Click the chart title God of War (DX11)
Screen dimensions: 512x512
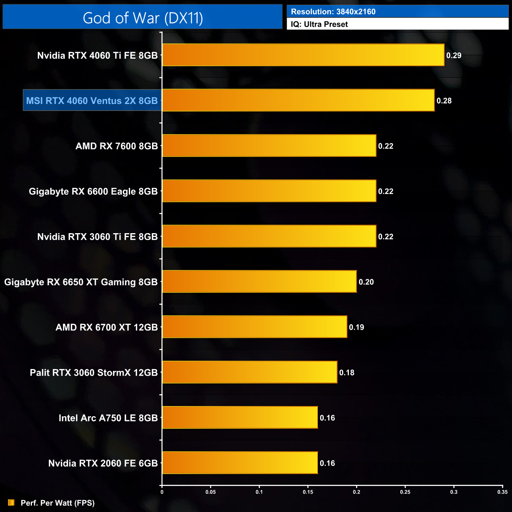[x=143, y=18]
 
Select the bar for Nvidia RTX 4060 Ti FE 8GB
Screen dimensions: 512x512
[x=303, y=55]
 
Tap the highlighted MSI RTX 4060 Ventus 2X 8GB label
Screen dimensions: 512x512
[x=92, y=101]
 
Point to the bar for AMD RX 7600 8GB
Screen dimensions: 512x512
[x=269, y=146]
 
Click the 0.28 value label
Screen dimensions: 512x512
[x=444, y=101]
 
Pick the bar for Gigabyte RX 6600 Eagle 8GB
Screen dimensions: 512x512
[x=269, y=191]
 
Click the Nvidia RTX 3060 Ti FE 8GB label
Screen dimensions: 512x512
[x=97, y=237]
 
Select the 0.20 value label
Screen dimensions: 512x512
[x=366, y=282]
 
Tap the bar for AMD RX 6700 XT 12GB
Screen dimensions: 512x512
[x=254, y=327]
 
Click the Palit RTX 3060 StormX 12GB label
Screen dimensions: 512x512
[x=94, y=373]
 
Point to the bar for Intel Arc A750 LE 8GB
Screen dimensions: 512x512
[x=240, y=417]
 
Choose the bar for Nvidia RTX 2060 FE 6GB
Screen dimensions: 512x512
[x=240, y=463]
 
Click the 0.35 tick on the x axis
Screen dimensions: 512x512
[x=502, y=492]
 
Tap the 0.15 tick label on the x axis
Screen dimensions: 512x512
[x=308, y=492]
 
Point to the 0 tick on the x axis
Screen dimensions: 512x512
[x=162, y=492]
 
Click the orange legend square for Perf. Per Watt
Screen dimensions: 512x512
[x=11, y=503]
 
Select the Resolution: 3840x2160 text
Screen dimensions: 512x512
[x=333, y=12]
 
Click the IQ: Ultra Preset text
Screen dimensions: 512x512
[x=319, y=24]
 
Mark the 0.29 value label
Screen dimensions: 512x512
[x=454, y=56]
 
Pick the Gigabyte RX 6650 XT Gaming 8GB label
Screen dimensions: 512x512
[x=81, y=282]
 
